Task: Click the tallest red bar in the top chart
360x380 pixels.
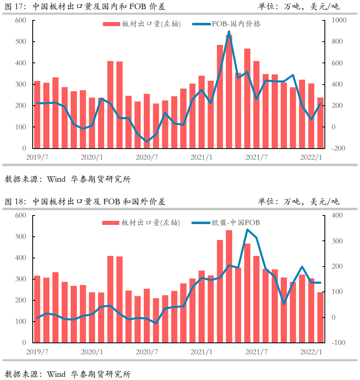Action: (x=229, y=92)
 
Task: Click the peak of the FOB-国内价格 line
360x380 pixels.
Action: (x=229, y=31)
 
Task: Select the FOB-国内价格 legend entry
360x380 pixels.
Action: (x=236, y=24)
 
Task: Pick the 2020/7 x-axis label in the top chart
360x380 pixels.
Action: (x=147, y=157)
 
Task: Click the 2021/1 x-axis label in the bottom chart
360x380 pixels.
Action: (x=201, y=351)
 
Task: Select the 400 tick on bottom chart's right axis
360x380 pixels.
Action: (x=339, y=215)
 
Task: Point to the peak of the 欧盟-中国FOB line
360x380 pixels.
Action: (x=247, y=230)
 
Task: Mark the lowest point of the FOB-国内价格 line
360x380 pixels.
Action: (x=147, y=141)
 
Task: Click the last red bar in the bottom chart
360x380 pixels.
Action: (x=320, y=318)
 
